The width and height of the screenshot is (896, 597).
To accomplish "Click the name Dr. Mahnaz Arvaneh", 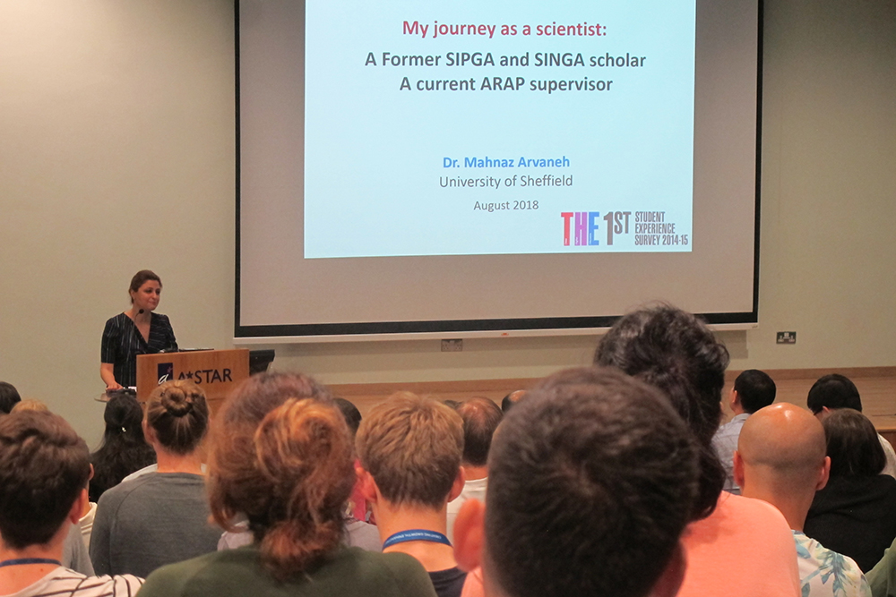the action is (x=505, y=162).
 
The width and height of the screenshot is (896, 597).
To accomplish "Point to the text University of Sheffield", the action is (x=505, y=182).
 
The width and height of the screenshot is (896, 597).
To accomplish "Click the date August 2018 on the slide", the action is (x=505, y=205).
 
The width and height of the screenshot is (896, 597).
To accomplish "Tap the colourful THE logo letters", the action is (x=580, y=228).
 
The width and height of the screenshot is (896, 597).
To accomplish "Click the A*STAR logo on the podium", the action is (x=194, y=374).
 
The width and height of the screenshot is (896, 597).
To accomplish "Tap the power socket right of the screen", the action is (x=786, y=337).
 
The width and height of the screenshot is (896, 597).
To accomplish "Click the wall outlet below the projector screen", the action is (x=452, y=345).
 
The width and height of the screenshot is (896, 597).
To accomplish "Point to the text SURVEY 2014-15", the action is (x=661, y=240).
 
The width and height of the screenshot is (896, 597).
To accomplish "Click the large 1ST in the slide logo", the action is (x=616, y=227).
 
